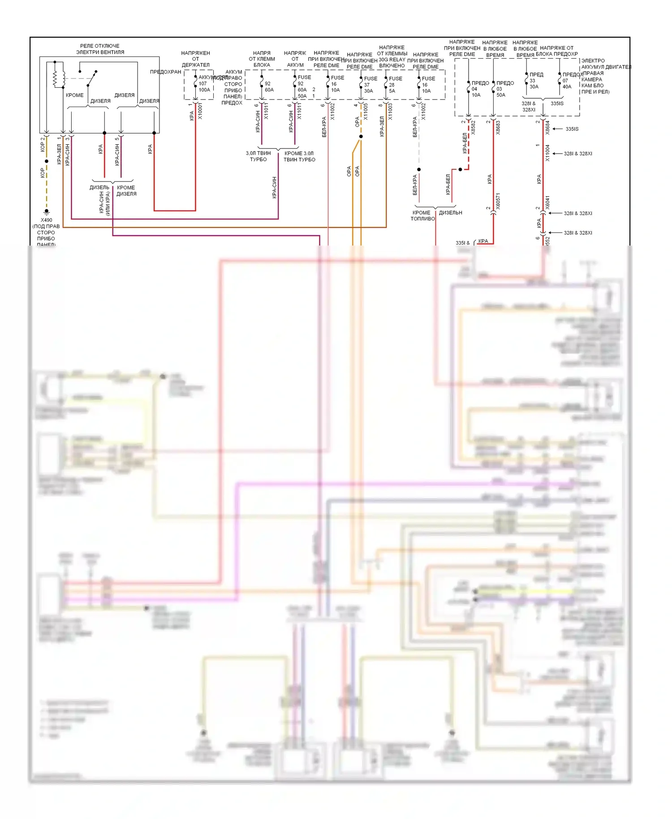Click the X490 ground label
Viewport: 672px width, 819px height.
coord(46,220)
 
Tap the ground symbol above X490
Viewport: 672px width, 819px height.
coord(46,211)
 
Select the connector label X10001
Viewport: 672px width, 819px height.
coord(200,111)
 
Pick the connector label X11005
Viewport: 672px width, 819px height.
coord(366,111)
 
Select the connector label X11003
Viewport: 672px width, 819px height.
coord(390,112)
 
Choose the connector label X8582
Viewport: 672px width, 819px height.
coord(474,127)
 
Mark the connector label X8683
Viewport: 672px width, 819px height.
coord(498,127)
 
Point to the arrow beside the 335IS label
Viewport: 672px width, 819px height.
coord(557,129)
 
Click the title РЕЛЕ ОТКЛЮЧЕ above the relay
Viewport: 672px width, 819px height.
coord(99,46)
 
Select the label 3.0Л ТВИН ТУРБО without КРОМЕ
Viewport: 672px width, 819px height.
coord(258,156)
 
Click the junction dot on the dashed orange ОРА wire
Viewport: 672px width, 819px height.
coord(361,137)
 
